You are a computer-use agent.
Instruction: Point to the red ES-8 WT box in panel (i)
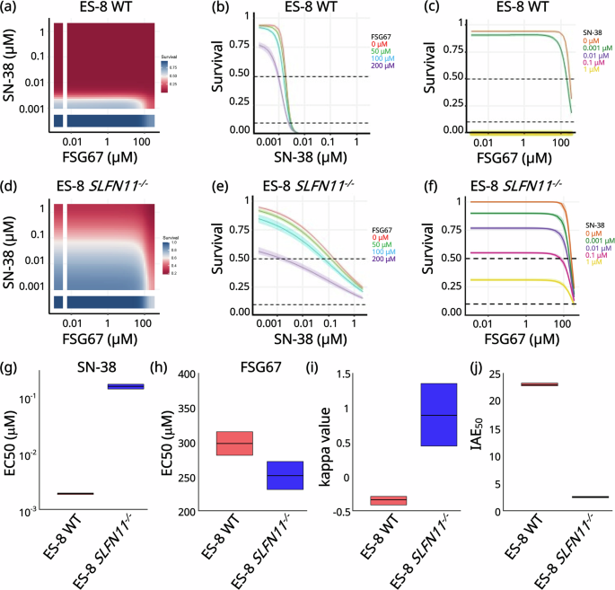(x=389, y=499)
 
